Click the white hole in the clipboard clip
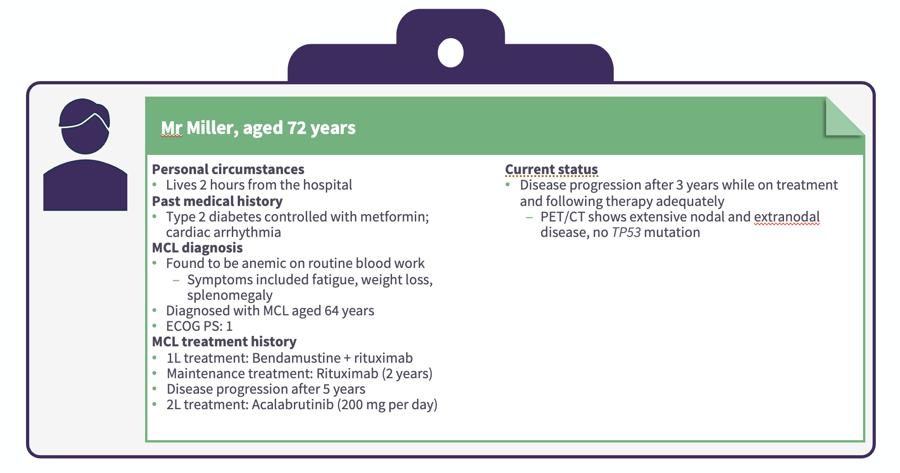[x=450, y=53]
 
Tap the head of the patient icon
[x=85, y=126]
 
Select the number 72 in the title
[x=297, y=128]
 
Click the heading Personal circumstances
[x=228, y=170]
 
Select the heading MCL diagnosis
[x=197, y=248]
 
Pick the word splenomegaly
[x=230, y=295]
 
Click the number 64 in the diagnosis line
[x=331, y=311]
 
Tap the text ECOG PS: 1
[x=199, y=326]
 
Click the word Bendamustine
[x=296, y=358]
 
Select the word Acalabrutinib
[x=293, y=405]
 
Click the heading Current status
[x=551, y=170]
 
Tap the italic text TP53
[x=626, y=232]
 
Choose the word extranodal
[x=787, y=217]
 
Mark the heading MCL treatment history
[x=224, y=342]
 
